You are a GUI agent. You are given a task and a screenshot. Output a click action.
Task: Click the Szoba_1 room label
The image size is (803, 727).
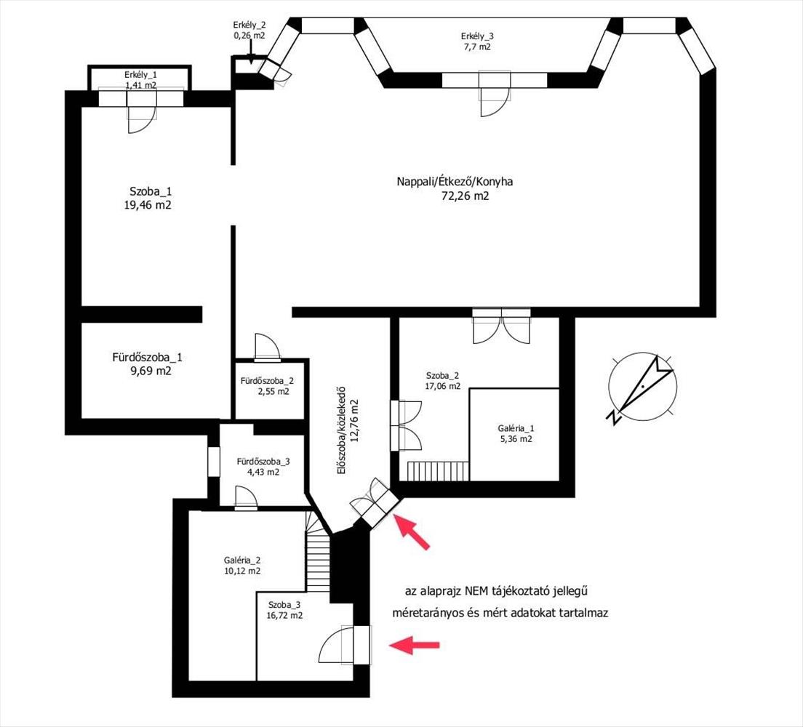point(151,192)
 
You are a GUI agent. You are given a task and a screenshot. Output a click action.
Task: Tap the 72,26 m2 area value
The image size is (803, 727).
point(465,196)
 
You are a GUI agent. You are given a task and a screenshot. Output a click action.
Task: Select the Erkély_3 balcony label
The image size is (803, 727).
point(477,36)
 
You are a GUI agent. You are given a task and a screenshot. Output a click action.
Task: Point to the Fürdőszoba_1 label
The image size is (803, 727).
point(147,357)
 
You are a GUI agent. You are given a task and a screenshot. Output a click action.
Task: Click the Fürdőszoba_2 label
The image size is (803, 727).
point(268,381)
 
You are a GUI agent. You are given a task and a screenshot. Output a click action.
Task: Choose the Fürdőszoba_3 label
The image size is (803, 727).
point(263,462)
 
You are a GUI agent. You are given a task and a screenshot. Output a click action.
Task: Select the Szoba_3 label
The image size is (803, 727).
point(284,604)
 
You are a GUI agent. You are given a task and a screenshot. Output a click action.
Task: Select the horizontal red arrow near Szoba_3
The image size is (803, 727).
point(415,645)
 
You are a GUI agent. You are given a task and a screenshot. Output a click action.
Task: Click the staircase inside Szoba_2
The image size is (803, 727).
point(439,470)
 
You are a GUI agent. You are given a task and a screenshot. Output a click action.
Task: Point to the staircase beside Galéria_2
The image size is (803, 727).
point(318,553)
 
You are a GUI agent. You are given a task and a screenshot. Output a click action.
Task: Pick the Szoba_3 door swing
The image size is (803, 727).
point(336,646)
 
